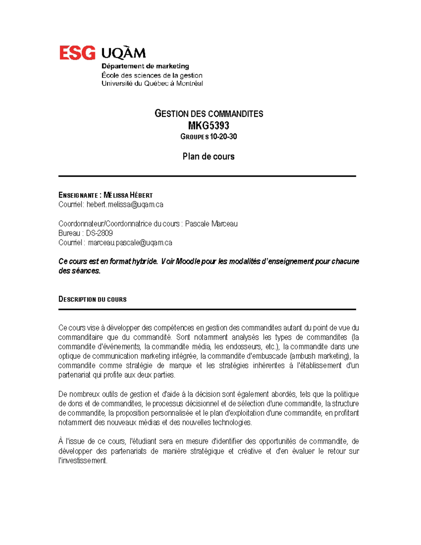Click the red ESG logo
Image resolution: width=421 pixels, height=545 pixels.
click(x=77, y=53)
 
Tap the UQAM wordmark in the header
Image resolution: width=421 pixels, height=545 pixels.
click(x=123, y=53)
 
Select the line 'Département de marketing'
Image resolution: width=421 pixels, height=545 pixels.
click(x=145, y=66)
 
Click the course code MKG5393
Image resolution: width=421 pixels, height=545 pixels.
click(x=208, y=125)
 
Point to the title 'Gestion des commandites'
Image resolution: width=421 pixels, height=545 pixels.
click(x=209, y=113)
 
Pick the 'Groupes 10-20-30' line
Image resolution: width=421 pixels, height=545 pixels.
click(x=208, y=137)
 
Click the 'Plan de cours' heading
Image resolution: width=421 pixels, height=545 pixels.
click(x=208, y=157)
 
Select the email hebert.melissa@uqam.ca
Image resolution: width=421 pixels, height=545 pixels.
click(x=125, y=205)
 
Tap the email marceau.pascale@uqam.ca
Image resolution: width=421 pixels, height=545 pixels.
click(x=130, y=242)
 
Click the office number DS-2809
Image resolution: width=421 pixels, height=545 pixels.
click(x=99, y=233)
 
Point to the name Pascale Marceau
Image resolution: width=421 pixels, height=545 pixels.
click(x=211, y=224)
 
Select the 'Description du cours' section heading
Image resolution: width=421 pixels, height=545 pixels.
click(x=92, y=299)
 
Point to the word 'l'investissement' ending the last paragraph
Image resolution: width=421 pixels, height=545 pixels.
click(x=83, y=460)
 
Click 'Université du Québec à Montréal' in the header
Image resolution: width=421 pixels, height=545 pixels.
click(x=152, y=84)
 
